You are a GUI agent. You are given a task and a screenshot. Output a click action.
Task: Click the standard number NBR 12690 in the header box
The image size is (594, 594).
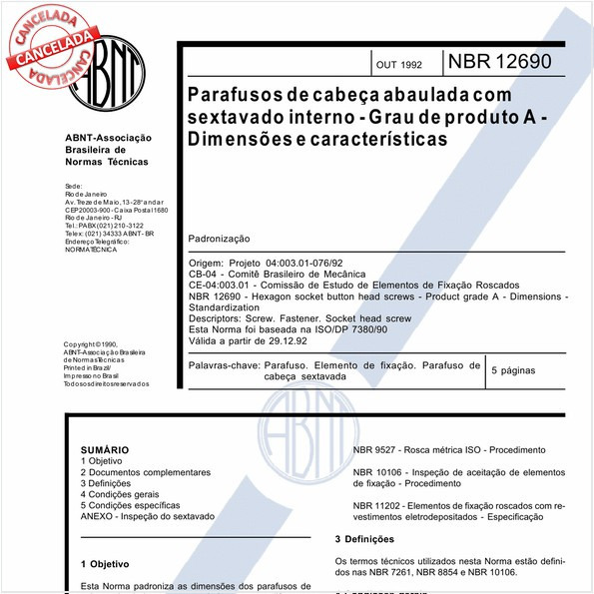coord(498,63)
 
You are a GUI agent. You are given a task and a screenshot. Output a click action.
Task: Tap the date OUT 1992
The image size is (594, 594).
coord(398,65)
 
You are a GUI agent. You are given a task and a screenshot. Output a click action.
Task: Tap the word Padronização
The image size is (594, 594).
coord(219,240)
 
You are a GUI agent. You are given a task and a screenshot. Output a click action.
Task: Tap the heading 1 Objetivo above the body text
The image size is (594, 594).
coord(105,564)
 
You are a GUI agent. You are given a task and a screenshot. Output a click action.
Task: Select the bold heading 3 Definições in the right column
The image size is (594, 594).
coord(372,539)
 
